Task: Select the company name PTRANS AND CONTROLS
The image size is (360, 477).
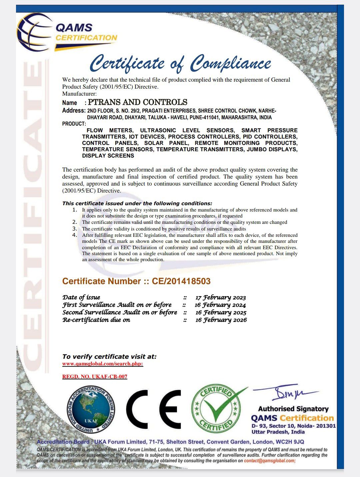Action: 137,102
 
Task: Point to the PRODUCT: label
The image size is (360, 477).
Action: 74,124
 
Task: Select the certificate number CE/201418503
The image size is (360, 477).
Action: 181,281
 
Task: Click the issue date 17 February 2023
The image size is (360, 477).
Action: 221,297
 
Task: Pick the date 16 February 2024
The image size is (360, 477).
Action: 220,305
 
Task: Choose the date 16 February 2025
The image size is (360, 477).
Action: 221,312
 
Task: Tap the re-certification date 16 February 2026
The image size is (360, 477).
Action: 221,320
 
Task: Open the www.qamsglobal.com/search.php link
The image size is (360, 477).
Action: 103,364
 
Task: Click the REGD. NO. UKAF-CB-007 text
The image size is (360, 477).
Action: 95,377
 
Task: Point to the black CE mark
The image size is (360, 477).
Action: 153,409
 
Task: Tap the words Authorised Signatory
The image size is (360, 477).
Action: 293,409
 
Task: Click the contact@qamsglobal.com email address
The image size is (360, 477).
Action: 269,461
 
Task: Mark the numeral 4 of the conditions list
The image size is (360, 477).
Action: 75,235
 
